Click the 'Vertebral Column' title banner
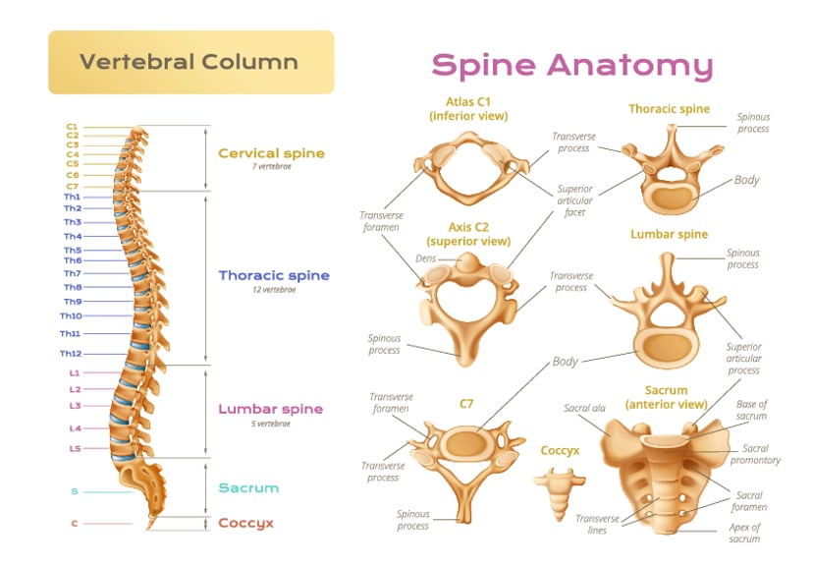click(x=190, y=62)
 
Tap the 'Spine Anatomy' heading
click(x=571, y=65)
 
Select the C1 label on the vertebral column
click(x=72, y=127)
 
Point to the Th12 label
click(x=70, y=354)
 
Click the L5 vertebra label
click(x=75, y=449)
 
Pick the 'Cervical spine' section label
click(x=271, y=153)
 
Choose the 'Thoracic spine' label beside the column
click(x=274, y=276)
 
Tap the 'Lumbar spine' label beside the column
click(x=270, y=410)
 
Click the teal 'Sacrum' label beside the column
click(x=248, y=488)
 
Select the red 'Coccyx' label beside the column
click(x=245, y=523)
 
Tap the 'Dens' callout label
click(x=425, y=258)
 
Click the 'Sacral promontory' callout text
click(x=755, y=454)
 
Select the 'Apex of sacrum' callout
click(x=744, y=533)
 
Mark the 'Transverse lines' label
click(x=598, y=524)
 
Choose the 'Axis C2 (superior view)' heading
click(x=468, y=234)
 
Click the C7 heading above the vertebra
click(x=467, y=402)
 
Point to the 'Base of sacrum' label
click(x=752, y=410)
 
